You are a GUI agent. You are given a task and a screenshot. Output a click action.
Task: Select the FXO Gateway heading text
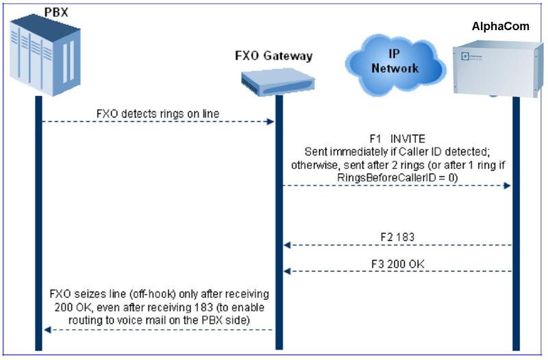click(x=269, y=56)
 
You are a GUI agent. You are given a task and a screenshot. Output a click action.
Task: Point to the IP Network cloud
click(x=394, y=61)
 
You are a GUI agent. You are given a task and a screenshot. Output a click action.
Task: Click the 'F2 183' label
click(x=398, y=236)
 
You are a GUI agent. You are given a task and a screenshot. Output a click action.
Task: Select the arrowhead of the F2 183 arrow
click(x=288, y=245)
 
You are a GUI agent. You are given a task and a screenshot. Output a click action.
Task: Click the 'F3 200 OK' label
click(x=398, y=261)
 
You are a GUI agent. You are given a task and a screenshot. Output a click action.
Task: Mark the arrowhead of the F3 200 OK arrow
click(x=288, y=272)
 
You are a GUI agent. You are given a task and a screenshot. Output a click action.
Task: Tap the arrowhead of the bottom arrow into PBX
click(x=47, y=330)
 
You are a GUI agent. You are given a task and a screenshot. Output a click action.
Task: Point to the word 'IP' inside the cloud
click(x=394, y=53)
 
